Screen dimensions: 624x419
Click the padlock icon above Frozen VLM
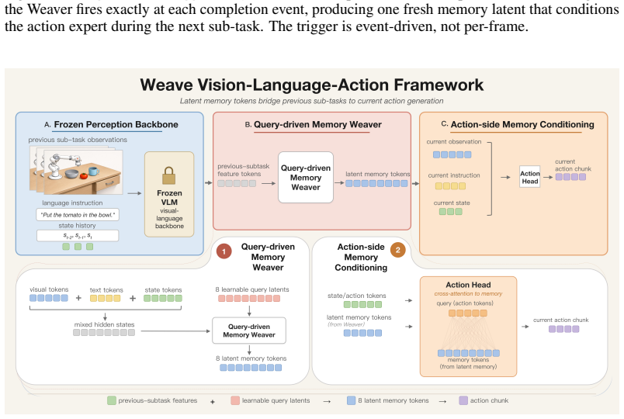(x=168, y=175)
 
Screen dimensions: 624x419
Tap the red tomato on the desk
(x=83, y=176)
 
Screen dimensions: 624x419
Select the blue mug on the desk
(x=93, y=171)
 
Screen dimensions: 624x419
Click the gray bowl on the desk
(x=71, y=174)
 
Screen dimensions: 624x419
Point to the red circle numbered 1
(x=224, y=251)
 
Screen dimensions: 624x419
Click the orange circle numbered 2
(x=397, y=251)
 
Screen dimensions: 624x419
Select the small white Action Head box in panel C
(x=529, y=177)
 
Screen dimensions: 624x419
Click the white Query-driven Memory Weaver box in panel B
(x=306, y=178)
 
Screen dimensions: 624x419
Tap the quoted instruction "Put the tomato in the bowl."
(x=78, y=215)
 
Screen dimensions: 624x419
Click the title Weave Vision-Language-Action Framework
(x=311, y=85)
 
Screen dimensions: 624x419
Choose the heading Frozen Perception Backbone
(x=116, y=125)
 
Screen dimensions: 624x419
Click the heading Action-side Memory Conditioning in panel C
(x=522, y=125)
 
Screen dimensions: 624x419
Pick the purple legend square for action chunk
(x=463, y=400)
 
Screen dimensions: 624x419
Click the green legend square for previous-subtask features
(x=112, y=400)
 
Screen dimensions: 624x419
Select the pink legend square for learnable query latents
(x=235, y=400)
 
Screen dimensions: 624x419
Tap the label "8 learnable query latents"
(x=252, y=289)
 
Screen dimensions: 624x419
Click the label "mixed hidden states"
(x=104, y=324)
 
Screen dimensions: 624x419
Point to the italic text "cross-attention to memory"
(x=468, y=293)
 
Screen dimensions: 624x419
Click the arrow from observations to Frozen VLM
(x=134, y=193)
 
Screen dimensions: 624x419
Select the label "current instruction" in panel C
(x=454, y=175)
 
